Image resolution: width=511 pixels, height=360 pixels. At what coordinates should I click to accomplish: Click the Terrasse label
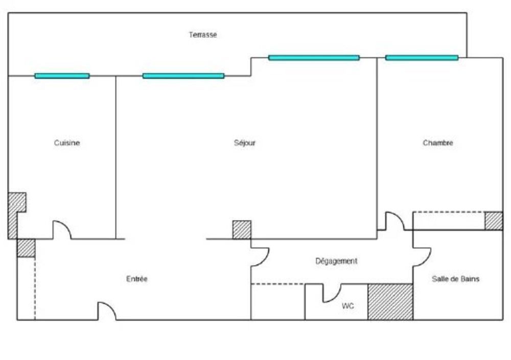(x=203, y=35)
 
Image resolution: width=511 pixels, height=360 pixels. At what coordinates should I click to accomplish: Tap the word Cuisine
(x=67, y=142)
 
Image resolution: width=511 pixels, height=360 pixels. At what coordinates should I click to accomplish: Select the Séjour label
(x=244, y=142)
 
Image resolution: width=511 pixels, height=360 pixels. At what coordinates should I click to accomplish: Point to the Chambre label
(x=438, y=142)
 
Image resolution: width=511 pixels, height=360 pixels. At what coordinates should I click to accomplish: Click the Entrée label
(x=137, y=279)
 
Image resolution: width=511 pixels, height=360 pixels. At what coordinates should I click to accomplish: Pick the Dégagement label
(x=336, y=261)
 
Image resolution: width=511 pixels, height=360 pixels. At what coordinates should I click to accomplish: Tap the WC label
(x=347, y=306)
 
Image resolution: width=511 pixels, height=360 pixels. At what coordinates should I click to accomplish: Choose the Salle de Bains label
(x=456, y=279)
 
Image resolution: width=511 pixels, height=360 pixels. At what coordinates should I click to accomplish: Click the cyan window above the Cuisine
(x=62, y=76)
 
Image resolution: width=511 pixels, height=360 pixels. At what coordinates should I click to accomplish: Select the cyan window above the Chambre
(x=422, y=58)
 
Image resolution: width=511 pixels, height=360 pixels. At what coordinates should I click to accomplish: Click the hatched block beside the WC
(x=390, y=302)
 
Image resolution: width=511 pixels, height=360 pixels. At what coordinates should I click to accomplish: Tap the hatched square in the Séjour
(x=242, y=230)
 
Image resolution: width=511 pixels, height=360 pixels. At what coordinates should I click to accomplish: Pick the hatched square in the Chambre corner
(x=494, y=221)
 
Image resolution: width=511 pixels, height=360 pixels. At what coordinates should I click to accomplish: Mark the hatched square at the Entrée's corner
(x=26, y=248)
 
